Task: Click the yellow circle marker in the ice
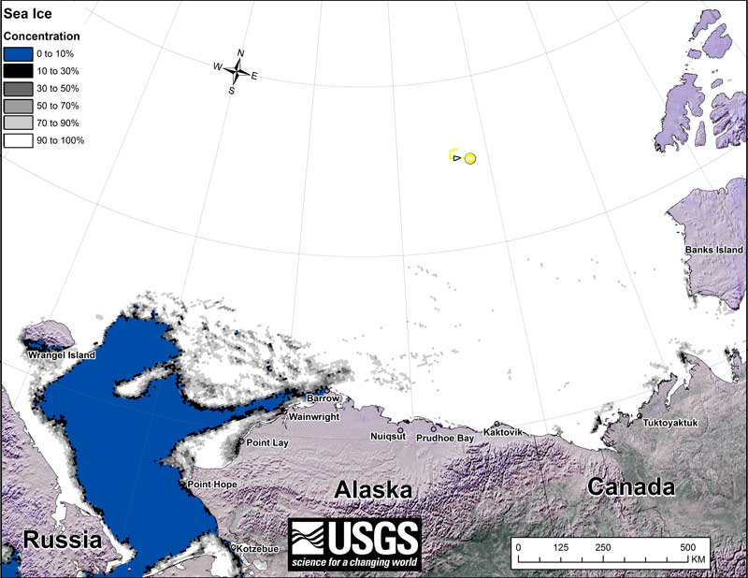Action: [470, 158]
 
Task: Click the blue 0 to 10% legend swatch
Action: [19, 54]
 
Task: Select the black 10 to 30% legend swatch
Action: [19, 71]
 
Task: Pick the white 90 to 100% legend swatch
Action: [19, 140]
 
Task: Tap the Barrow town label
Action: [324, 398]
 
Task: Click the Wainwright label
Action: [313, 417]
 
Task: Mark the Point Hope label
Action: [212, 484]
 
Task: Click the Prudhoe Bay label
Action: [446, 438]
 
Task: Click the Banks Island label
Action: [713, 251]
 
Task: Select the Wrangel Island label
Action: [62, 355]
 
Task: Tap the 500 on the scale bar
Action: [687, 547]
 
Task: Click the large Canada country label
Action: [631, 487]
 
